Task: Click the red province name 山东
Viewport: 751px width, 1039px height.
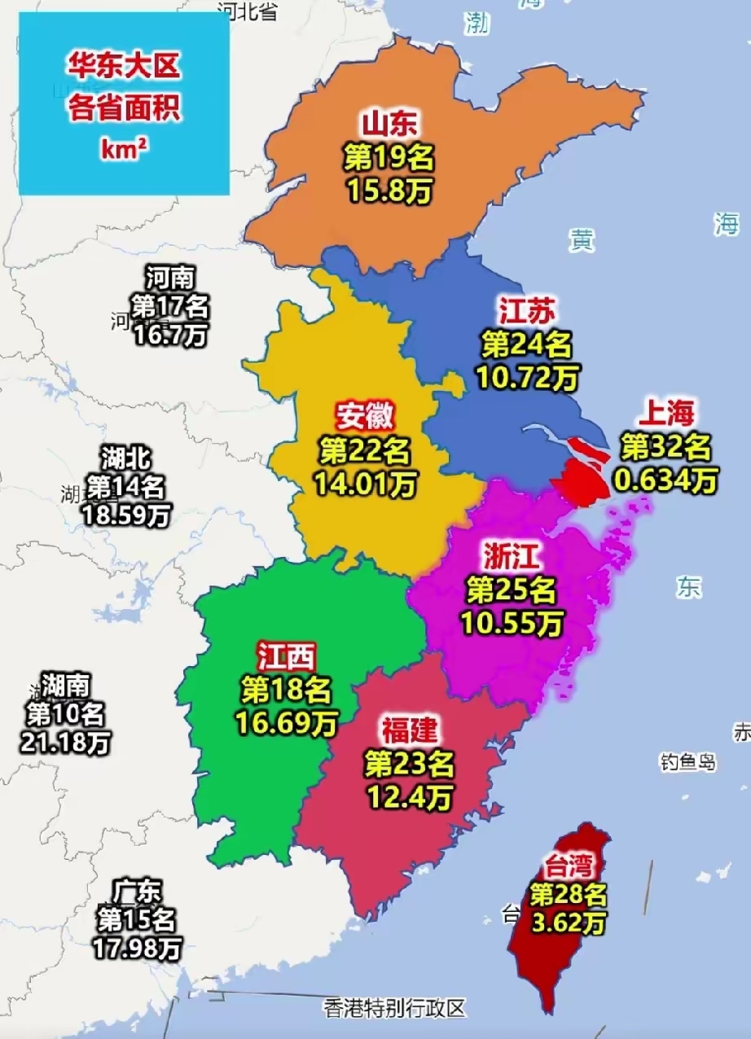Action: pos(389,123)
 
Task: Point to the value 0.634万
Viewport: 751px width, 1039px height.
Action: pos(666,480)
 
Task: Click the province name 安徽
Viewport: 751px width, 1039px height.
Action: pos(365,417)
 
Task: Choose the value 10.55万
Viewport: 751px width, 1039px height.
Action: pos(512,623)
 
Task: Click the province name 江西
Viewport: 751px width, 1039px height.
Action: pos(286,655)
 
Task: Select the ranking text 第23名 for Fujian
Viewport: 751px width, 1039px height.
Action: pos(409,764)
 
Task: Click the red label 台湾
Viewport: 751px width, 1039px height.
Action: pos(569,866)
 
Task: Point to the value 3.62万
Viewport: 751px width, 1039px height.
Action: pos(569,924)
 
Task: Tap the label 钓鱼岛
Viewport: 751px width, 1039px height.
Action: pos(687,762)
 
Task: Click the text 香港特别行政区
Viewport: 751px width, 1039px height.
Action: pos(394,1008)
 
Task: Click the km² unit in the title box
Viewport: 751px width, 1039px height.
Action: pos(124,149)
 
